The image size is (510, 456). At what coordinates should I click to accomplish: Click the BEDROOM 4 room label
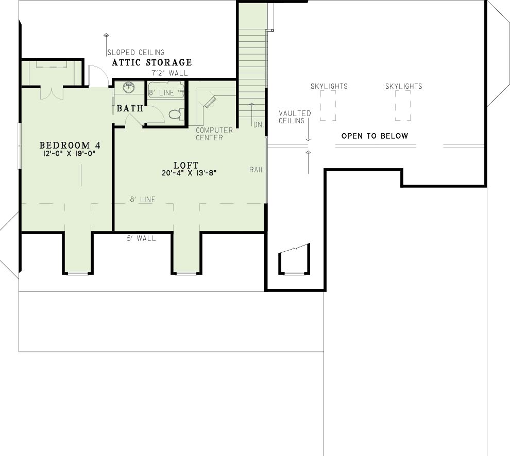coord(70,145)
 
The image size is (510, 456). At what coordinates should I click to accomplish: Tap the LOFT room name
coord(186,165)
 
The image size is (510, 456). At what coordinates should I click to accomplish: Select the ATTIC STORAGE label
coord(152,62)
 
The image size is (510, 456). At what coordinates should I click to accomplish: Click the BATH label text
coord(130,108)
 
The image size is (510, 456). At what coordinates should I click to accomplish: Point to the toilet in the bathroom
coord(176,115)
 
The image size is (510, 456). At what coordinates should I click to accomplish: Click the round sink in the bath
coord(129,87)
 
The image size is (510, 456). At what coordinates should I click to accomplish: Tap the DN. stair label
coord(258,124)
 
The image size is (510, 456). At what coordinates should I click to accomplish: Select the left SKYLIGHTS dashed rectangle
coord(328,106)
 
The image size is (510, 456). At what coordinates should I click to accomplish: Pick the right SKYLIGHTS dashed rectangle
coord(403,106)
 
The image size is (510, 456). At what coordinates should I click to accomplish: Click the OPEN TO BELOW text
coord(375,136)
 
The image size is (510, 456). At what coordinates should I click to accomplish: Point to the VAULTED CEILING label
coord(295,117)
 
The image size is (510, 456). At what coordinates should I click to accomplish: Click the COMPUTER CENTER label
coord(214,134)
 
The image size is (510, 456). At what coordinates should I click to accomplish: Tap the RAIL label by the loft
coord(257,170)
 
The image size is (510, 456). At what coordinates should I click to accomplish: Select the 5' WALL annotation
coord(141,238)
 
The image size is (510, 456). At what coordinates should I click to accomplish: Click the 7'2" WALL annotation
coord(169,73)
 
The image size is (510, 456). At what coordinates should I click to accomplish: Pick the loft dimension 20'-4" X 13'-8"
coord(189,173)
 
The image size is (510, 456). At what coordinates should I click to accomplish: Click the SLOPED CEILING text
coord(135,52)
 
